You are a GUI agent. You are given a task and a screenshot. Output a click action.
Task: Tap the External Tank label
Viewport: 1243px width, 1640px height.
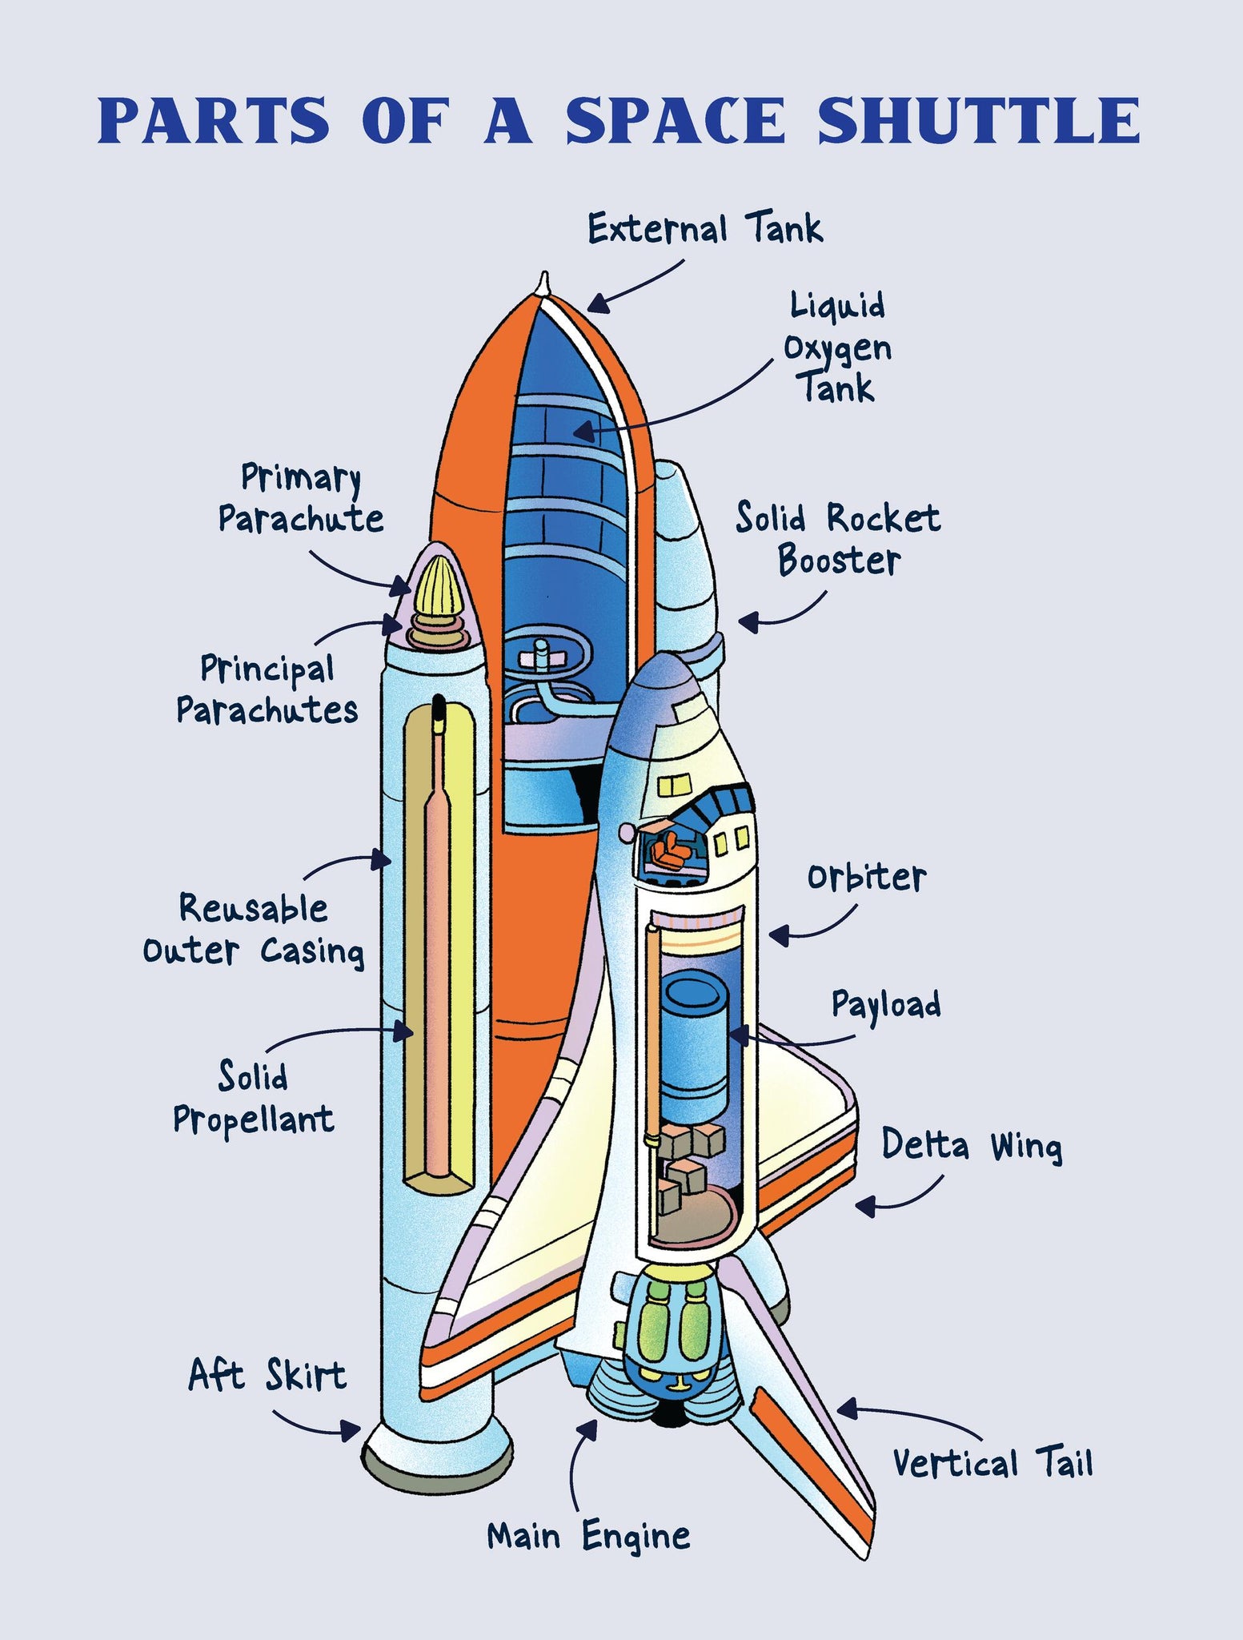[x=704, y=229]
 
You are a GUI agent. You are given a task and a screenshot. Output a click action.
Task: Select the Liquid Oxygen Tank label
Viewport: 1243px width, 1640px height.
[x=837, y=348]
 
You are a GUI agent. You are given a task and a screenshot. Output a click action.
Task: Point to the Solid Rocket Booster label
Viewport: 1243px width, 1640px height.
[x=838, y=539]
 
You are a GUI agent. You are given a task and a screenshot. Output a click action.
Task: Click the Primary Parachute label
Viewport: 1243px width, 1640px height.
[x=301, y=498]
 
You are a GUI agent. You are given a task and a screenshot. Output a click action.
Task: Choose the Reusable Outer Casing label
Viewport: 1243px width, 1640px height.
[x=254, y=930]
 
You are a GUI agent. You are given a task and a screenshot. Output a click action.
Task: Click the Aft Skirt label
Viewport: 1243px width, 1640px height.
[x=267, y=1375]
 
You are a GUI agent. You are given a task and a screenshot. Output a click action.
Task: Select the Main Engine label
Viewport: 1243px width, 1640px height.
[x=588, y=1536]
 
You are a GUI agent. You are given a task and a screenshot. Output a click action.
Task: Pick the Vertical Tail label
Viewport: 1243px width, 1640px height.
[x=992, y=1463]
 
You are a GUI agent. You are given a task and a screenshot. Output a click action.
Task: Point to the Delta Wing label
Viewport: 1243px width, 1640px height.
[x=972, y=1145]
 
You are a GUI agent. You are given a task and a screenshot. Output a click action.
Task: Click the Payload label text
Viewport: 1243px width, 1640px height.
[x=886, y=1005]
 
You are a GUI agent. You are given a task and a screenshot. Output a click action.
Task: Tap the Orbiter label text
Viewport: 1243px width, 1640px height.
[x=866, y=878]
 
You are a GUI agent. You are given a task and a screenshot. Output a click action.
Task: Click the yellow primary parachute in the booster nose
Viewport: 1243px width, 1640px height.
[x=437, y=587]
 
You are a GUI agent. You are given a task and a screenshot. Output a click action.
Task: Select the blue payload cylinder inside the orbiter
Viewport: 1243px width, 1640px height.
[x=693, y=1040]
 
